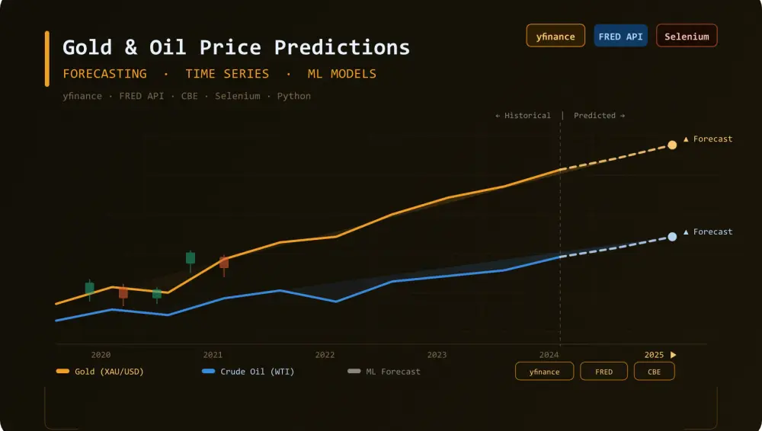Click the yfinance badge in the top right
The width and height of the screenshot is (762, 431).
555,36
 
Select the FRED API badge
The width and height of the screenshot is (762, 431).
620,36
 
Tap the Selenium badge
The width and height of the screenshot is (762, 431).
687,36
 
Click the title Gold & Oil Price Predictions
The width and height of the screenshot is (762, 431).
236,47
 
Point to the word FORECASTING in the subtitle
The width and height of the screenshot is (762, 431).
104,74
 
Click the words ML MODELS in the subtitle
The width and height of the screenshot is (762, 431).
341,74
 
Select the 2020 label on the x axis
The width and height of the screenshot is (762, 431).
101,355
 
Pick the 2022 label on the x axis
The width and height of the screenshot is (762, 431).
325,355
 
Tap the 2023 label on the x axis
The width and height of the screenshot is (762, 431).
437,355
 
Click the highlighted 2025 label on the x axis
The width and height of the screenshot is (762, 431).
654,355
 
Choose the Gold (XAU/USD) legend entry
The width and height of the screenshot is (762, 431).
101,372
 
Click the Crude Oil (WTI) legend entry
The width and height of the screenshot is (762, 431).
248,372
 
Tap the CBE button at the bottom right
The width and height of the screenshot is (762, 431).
654,372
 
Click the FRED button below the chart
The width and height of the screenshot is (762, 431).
604,372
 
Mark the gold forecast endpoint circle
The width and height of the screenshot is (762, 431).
672,145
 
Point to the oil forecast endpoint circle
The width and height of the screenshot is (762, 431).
672,237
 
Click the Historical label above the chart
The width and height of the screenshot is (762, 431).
523,116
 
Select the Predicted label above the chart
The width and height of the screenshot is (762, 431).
599,116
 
